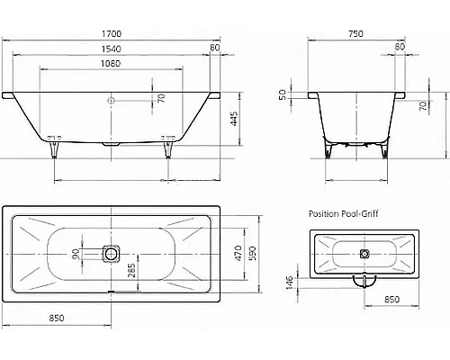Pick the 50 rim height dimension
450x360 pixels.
point(282,94)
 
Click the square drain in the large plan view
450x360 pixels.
point(112,255)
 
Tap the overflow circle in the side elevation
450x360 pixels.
point(112,100)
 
